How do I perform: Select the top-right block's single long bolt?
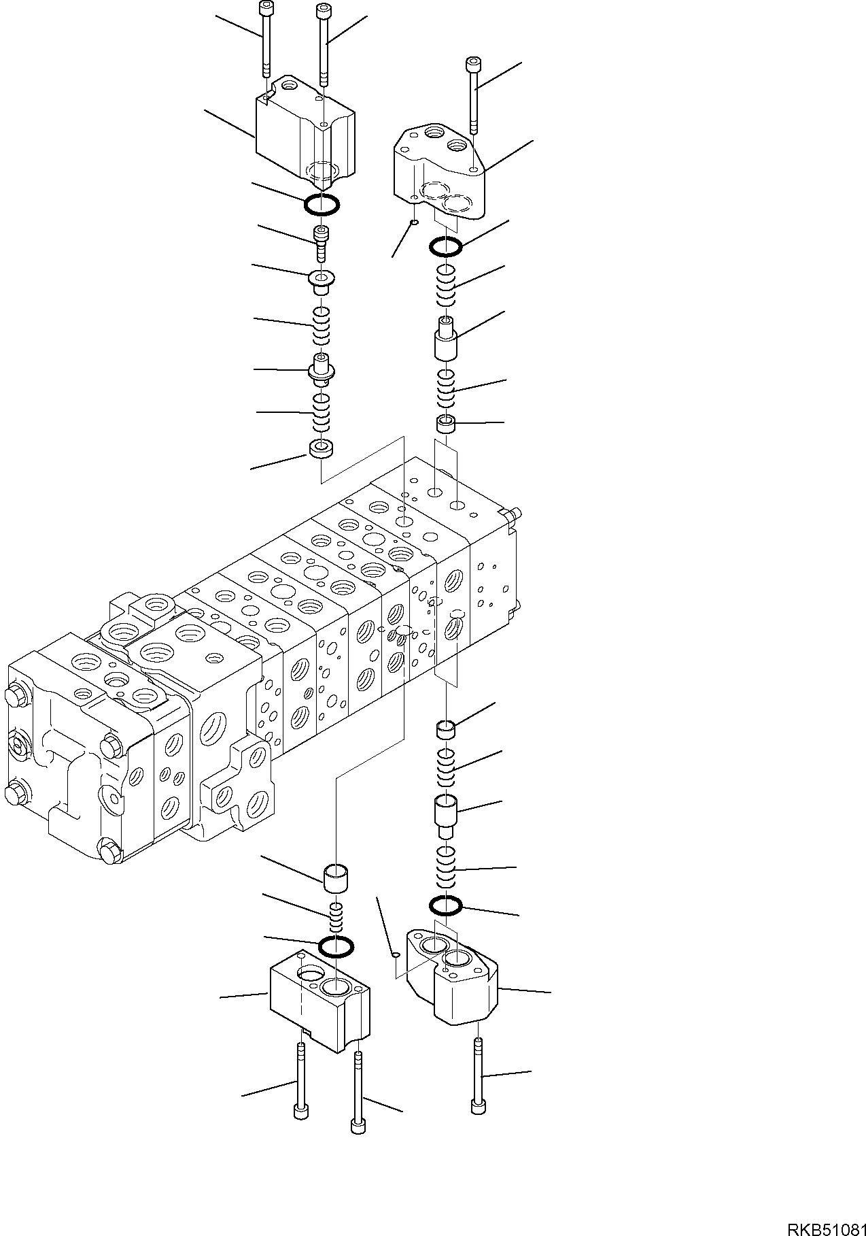(x=474, y=95)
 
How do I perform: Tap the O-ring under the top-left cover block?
(x=322, y=203)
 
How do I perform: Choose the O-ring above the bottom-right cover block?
(x=446, y=905)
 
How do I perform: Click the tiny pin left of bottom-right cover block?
(x=396, y=955)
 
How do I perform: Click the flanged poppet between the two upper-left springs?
(x=320, y=368)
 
